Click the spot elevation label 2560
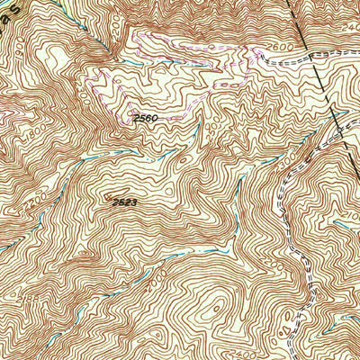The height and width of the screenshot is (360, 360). [145, 118]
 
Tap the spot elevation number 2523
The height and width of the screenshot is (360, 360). [125, 202]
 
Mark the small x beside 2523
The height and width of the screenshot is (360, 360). [109, 199]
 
